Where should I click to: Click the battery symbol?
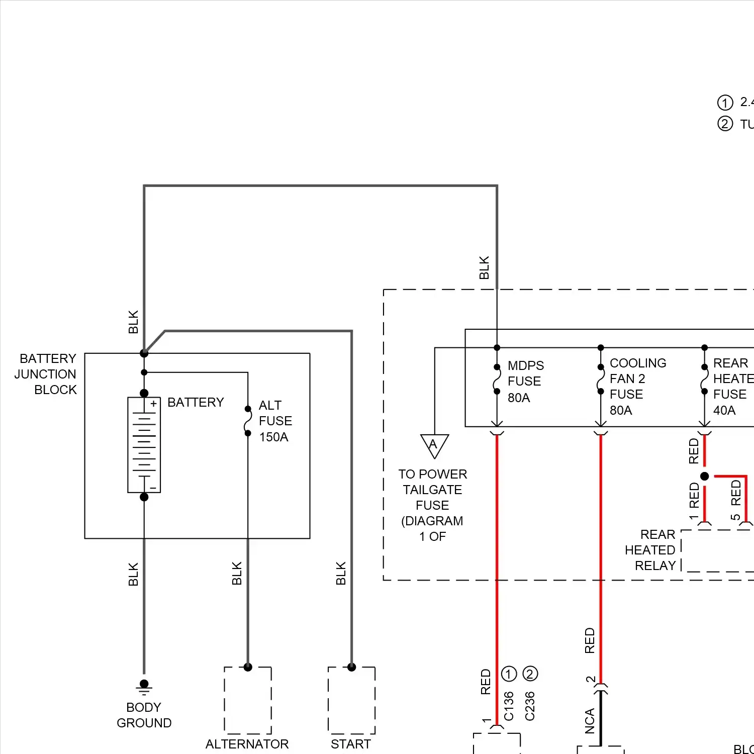coord(144,445)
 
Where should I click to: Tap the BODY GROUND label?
coord(144,715)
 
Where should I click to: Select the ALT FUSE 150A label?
coord(274,421)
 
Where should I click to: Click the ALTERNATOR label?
coord(247,744)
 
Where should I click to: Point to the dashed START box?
coord(351,700)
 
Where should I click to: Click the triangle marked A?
coord(434,444)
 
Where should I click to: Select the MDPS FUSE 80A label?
coord(525,381)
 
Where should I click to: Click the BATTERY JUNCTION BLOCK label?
coord(46,374)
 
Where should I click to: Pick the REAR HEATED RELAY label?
coord(651,550)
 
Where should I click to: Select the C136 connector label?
coord(509,706)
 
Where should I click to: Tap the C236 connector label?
coord(530,706)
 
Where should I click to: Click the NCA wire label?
coord(590,721)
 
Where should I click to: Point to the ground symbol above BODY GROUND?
coord(144,687)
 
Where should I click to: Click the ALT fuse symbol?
coord(248,421)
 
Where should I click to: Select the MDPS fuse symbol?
coord(497,379)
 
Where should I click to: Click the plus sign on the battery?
coord(153,404)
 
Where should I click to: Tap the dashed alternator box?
coord(248,700)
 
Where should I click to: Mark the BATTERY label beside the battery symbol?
coord(196,402)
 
